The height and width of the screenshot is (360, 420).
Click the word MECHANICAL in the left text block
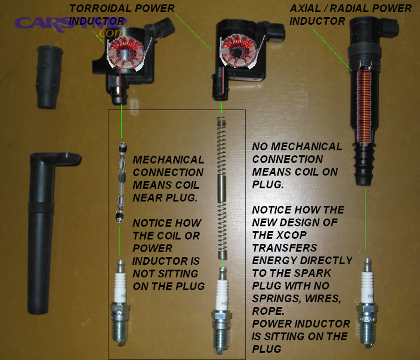tap(168, 160)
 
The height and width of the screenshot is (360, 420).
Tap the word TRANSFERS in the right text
tap(285, 247)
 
